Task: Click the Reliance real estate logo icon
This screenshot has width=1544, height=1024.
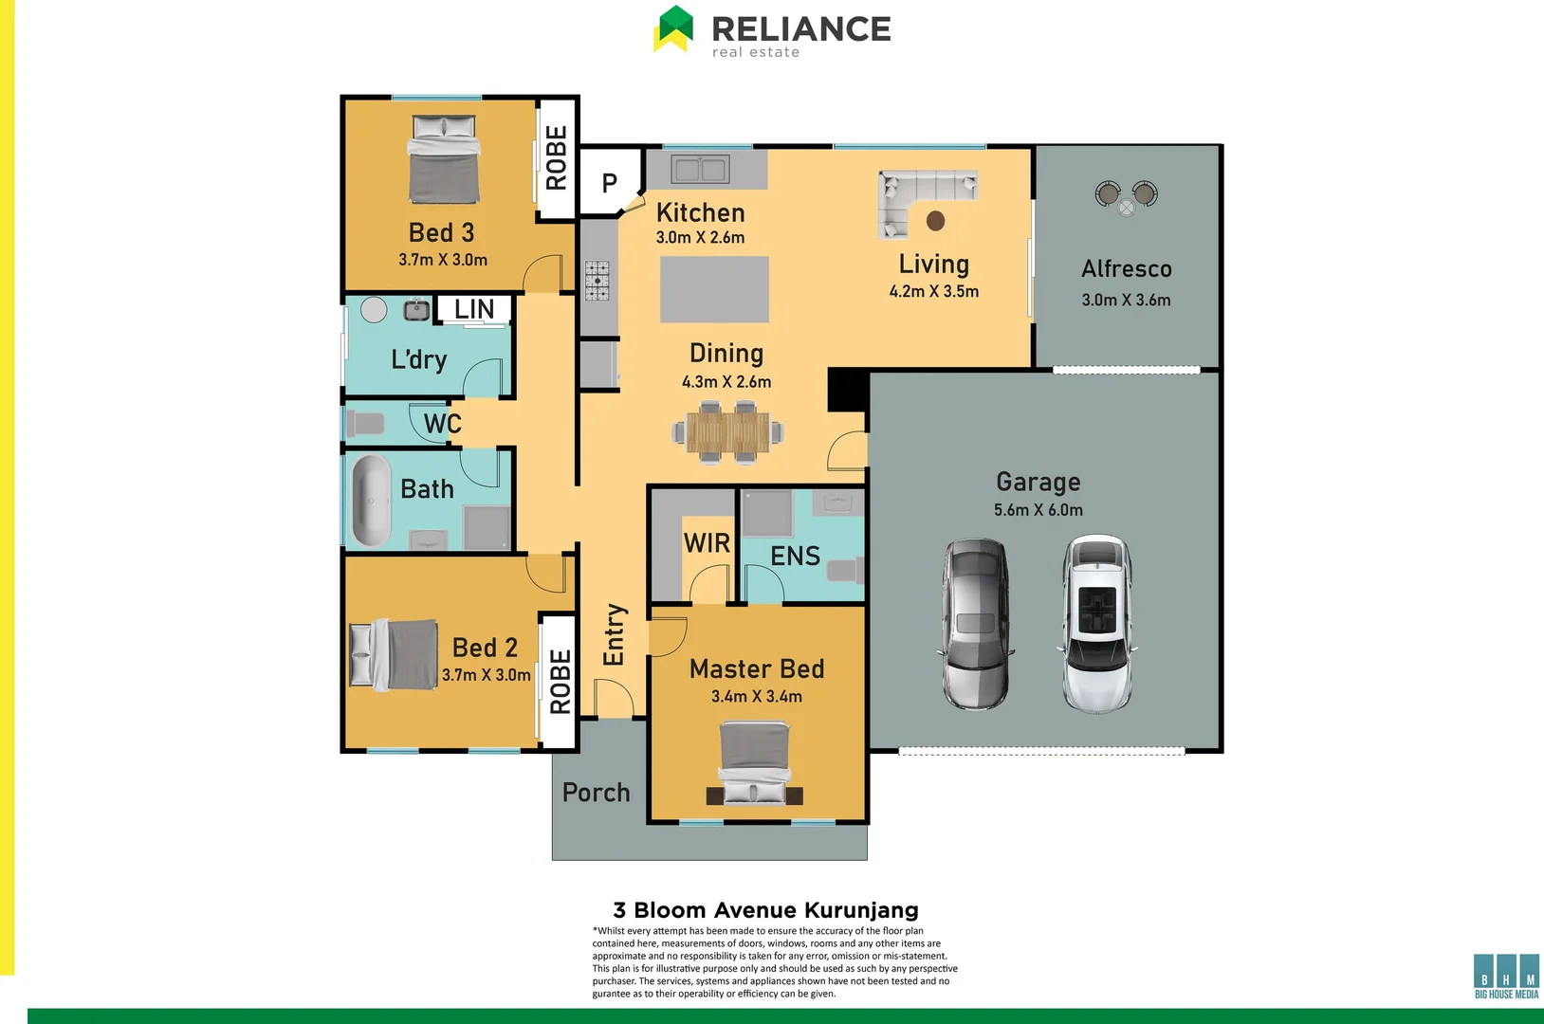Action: (674, 28)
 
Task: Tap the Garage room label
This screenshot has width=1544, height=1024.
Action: (1038, 482)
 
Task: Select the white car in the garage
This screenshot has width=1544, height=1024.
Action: (1095, 624)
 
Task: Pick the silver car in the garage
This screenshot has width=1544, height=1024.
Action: (975, 624)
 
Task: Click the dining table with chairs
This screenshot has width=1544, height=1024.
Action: (728, 432)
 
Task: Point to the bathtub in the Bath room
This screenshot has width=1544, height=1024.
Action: (372, 501)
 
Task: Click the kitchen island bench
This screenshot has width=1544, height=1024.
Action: (714, 289)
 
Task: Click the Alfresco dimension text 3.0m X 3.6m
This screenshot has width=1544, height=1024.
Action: (1126, 300)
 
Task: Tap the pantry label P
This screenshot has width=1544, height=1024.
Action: (609, 182)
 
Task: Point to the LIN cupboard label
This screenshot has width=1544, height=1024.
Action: (474, 309)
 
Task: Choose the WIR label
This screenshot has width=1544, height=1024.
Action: (707, 543)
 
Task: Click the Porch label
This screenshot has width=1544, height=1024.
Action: (596, 792)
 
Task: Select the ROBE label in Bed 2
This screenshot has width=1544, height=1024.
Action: (560, 681)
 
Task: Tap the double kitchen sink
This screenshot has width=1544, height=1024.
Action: (700, 170)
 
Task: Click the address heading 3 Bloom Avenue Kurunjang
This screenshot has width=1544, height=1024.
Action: (765, 910)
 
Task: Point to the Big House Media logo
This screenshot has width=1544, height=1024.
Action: (1506, 976)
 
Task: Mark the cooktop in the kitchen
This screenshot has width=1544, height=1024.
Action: (597, 281)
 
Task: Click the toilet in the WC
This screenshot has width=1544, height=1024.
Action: (365, 423)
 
